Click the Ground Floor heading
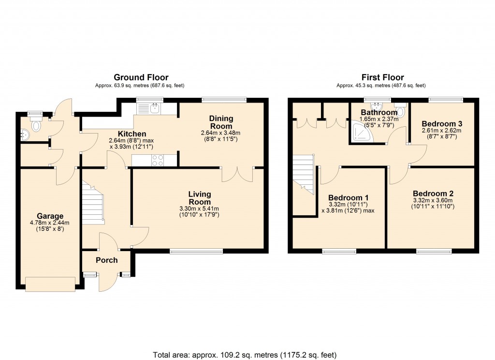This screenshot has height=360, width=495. pos(141,77)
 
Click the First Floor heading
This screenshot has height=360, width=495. pos(382,77)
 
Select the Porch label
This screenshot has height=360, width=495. pos(106,260)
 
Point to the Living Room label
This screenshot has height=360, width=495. pos(199,198)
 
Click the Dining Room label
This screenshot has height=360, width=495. pos(221,122)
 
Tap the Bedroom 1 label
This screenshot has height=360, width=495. pos(348,197)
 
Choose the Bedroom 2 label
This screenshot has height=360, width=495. pos(433,194)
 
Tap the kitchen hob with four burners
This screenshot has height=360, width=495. pos(158,160)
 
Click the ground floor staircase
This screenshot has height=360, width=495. pos(93,203)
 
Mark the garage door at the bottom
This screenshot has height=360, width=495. pos(50,284)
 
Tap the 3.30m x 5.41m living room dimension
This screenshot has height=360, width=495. pos(199,209)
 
